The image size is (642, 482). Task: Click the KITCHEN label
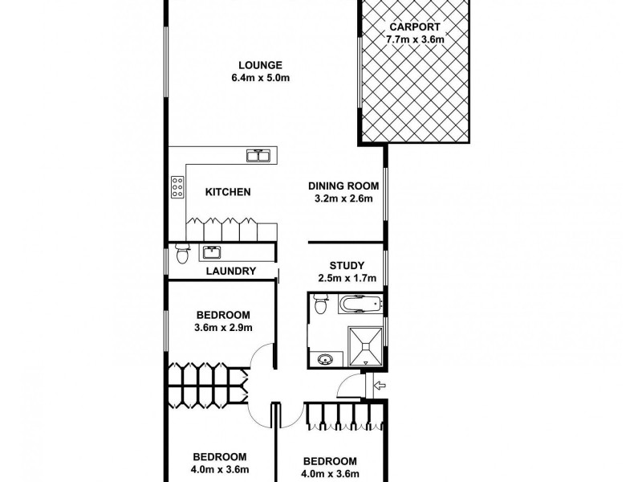[229, 192]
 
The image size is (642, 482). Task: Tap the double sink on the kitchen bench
[258, 154]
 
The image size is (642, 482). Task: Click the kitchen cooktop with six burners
[176, 188]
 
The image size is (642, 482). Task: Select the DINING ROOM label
[343, 186]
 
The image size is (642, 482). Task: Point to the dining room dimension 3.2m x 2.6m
[343, 199]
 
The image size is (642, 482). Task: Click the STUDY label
[347, 265]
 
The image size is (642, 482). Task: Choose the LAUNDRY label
[230, 272]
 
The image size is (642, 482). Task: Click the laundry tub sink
[213, 252]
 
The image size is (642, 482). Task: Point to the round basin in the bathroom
[325, 359]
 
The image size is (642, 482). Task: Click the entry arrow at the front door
[380, 387]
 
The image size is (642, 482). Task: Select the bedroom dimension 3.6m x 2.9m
[223, 327]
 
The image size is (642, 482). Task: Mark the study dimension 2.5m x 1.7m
[347, 279]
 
